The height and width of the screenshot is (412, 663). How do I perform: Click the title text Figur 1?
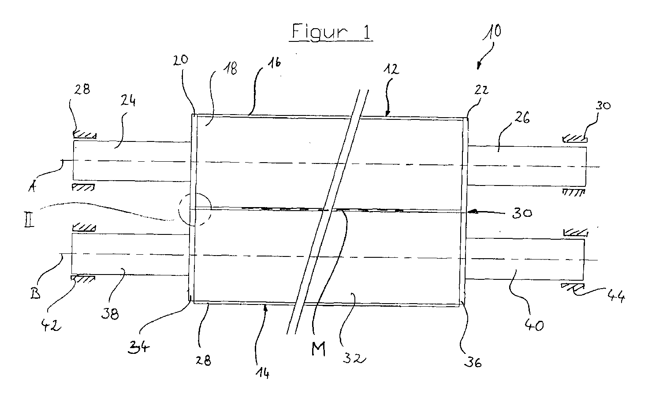(x=331, y=31)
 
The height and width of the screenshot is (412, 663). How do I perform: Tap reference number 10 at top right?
(x=492, y=32)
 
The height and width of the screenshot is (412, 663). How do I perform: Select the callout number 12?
(x=392, y=69)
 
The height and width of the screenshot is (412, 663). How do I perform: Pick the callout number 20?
(x=180, y=60)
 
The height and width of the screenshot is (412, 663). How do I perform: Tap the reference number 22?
(x=481, y=90)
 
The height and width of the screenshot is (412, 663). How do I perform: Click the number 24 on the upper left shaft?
(x=128, y=101)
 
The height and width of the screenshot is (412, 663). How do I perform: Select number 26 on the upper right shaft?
(x=522, y=117)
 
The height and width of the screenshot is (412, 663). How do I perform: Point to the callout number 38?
(x=110, y=313)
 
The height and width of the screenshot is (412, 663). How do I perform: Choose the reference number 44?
(x=616, y=296)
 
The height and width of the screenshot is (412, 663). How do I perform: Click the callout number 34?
(x=138, y=347)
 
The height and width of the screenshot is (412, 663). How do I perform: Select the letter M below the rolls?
(x=318, y=349)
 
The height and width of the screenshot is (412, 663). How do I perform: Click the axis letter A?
(x=32, y=186)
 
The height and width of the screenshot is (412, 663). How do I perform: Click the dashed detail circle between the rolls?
(x=195, y=209)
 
